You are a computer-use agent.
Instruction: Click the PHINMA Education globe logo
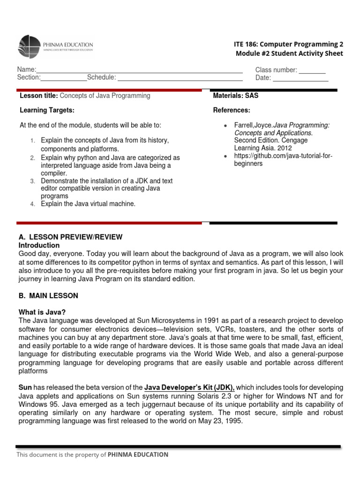tap(29, 46)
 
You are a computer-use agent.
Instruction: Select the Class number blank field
tap(312, 71)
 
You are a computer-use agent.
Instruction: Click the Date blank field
tap(300, 79)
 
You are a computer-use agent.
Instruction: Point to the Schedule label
tap(101, 77)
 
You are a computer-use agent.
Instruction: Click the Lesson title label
tap(39, 96)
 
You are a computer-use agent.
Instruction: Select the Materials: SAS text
tap(236, 96)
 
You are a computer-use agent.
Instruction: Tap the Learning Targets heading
tap(47, 110)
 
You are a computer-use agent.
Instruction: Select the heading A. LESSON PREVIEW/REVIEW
tap(70, 237)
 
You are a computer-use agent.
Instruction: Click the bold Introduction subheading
tap(39, 245)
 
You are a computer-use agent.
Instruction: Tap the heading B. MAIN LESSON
tap(48, 296)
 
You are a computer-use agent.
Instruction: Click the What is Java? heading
tap(42, 312)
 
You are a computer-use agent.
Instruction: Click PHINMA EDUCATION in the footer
tap(138, 454)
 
